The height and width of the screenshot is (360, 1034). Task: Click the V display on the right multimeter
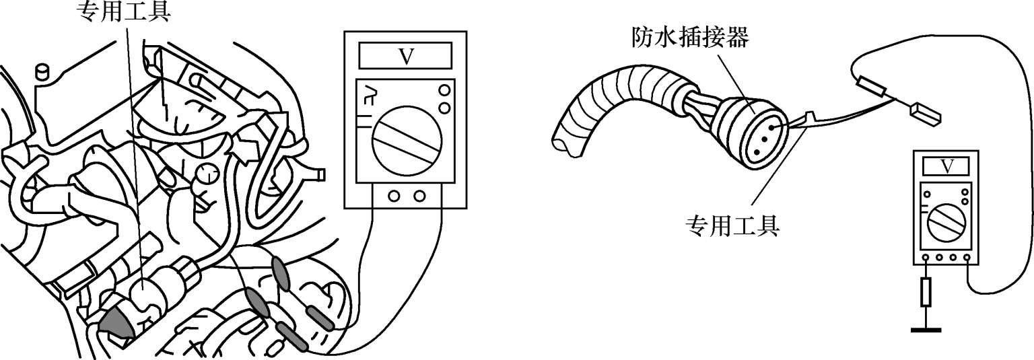point(946,166)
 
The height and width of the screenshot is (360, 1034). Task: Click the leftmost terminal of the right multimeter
point(926,258)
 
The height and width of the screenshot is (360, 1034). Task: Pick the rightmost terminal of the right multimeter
point(967,258)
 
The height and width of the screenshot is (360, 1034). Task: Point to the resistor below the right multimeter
point(926,292)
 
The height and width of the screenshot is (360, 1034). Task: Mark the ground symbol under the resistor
point(926,329)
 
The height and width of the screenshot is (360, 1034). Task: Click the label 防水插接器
point(690,38)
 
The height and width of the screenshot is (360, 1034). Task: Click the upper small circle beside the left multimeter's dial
point(444,90)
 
